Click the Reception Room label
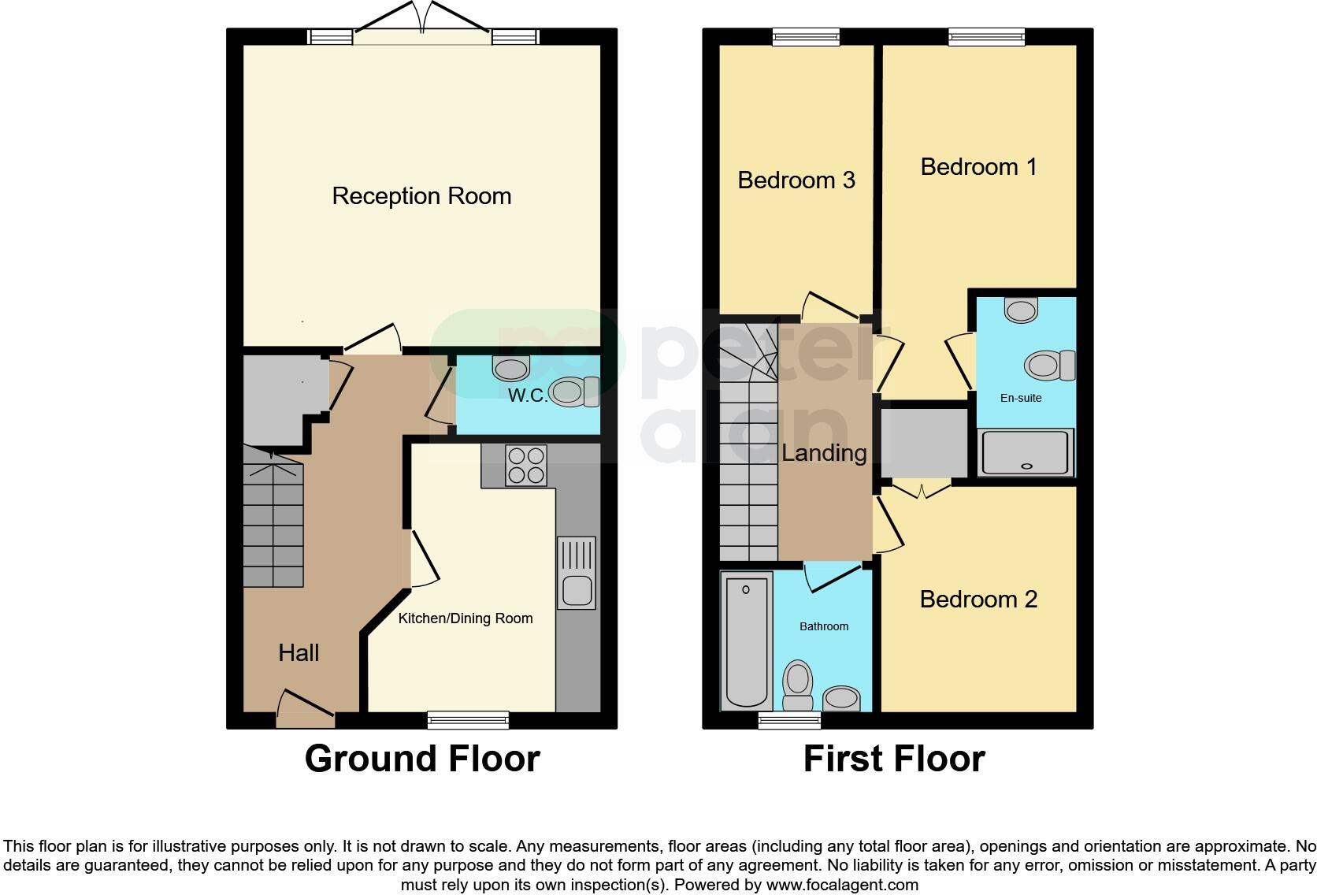click(x=421, y=196)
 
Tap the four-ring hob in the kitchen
click(x=525, y=465)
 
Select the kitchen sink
click(x=577, y=574)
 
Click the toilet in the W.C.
click(x=574, y=392)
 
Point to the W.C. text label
click(x=527, y=396)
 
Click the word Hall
click(x=299, y=652)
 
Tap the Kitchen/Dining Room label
click(x=466, y=618)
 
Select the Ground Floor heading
click(x=422, y=759)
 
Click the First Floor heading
click(x=894, y=759)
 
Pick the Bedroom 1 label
click(x=978, y=167)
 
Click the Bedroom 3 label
click(x=796, y=180)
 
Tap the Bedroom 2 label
click(x=978, y=600)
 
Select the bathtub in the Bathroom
click(x=745, y=641)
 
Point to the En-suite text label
click(x=1021, y=398)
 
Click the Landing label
click(x=824, y=453)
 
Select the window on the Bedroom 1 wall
click(x=986, y=36)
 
